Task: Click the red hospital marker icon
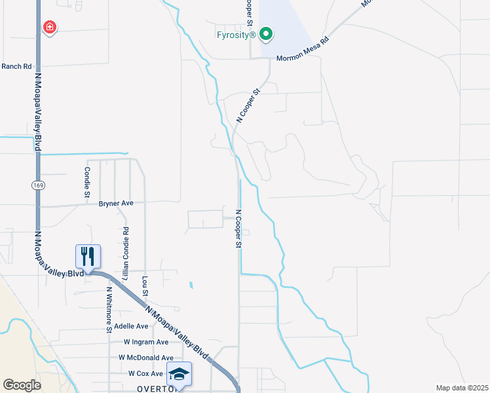(49, 28)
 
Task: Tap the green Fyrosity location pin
(265, 33)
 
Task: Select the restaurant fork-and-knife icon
(88, 256)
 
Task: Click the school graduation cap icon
(179, 373)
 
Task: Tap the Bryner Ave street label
(116, 203)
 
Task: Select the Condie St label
(86, 181)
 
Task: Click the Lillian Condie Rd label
(125, 250)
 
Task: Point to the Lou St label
(144, 286)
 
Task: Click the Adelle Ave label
(132, 326)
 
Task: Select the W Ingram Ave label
(145, 342)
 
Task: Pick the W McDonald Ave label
(145, 358)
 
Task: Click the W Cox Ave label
(145, 373)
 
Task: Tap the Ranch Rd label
(16, 66)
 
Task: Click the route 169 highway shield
(37, 186)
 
